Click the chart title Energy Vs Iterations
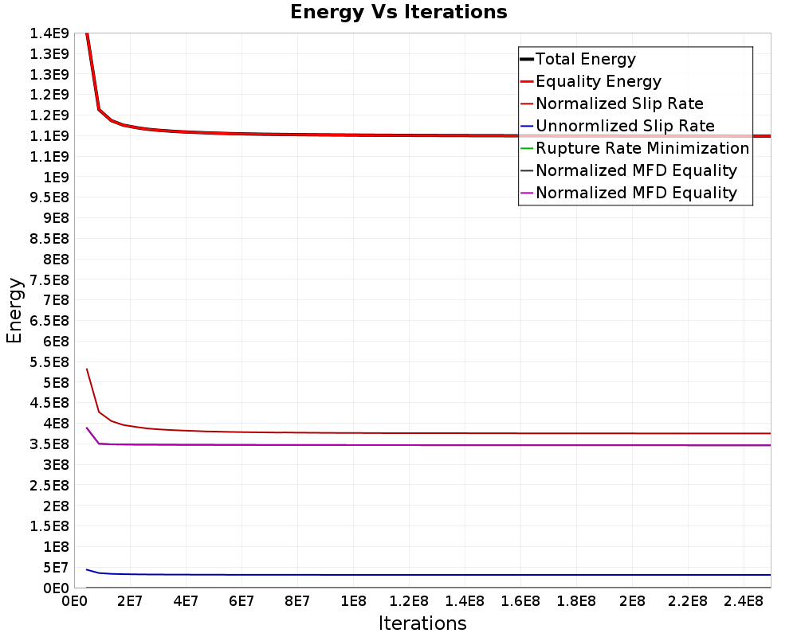coord(398,12)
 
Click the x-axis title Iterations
coord(422,623)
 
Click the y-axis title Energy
coord(14,310)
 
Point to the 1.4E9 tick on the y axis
coord(49,33)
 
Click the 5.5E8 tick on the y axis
coord(49,361)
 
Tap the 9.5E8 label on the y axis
coord(49,197)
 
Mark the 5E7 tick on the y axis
coord(55,568)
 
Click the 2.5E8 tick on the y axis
coord(49,485)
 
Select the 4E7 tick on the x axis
coord(186,601)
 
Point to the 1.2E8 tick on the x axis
coord(409,601)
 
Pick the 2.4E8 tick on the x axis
coord(744,601)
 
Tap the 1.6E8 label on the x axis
coord(520,601)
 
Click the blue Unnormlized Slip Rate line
coord(429,575)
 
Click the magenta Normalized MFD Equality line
coord(429,445)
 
